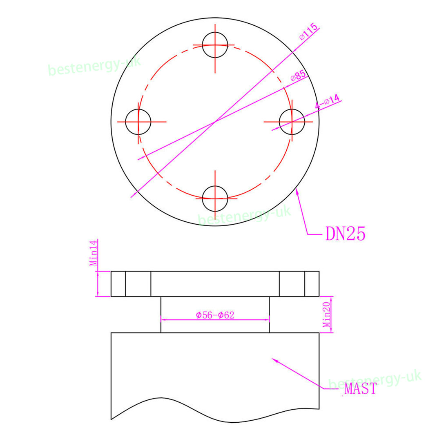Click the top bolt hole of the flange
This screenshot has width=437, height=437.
coord(215,33)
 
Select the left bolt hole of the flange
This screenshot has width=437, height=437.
coord(126,122)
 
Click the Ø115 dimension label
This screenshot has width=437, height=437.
coord(308,31)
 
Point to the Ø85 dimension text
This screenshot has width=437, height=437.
coord(298,76)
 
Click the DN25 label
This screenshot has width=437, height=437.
coord(345,234)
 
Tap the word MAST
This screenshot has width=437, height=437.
coord(361,389)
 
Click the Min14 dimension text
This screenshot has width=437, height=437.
coord(94,253)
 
